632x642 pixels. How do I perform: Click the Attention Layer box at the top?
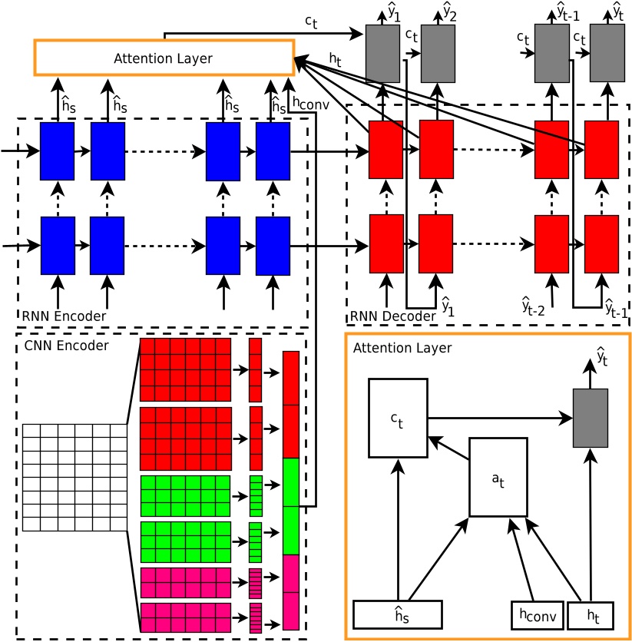tap(164, 58)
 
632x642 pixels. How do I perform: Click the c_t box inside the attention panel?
tap(398, 418)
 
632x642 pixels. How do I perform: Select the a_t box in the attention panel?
tap(498, 477)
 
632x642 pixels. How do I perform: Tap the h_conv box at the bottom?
tap(538, 614)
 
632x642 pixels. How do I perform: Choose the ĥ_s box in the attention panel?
tap(399, 614)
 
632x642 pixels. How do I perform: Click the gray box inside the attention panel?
tap(591, 418)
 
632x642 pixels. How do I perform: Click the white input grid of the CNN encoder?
tap(74, 477)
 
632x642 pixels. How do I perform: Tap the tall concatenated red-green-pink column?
tap(291, 491)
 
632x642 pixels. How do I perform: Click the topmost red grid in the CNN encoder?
tap(185, 369)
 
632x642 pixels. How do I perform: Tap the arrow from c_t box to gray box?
tap(499, 419)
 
